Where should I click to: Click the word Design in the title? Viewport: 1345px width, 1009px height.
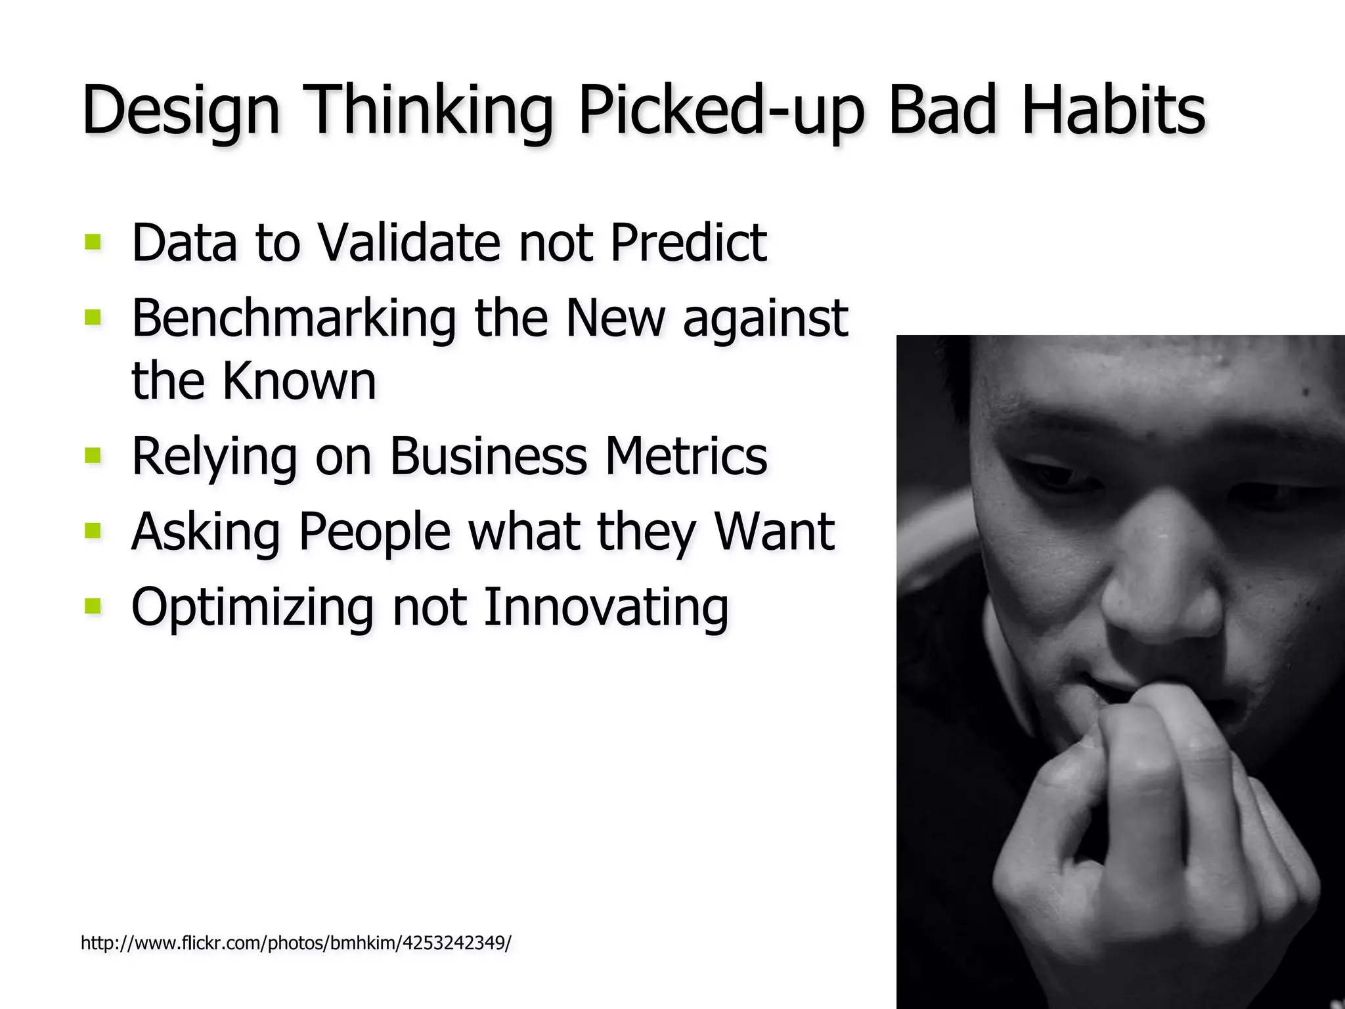pos(181,110)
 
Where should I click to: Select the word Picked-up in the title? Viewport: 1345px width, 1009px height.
pos(720,110)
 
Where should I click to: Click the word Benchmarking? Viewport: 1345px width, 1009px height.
pos(294,319)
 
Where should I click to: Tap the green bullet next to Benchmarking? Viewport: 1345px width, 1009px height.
pos(93,318)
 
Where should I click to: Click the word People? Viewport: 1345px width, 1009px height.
pos(374,531)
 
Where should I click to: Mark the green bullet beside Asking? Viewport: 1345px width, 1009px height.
pos(93,529)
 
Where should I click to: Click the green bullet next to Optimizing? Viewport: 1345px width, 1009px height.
pos(93,605)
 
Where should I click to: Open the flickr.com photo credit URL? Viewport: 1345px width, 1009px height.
pos(296,943)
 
